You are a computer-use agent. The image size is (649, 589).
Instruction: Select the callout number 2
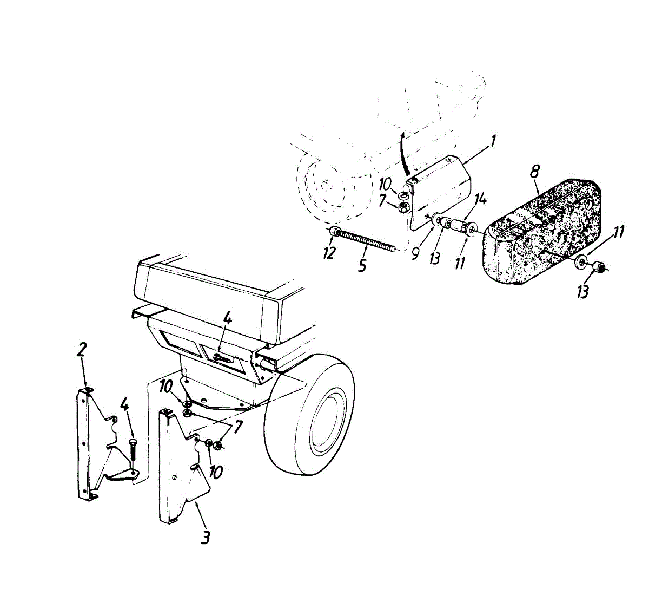pyautogui.click(x=81, y=349)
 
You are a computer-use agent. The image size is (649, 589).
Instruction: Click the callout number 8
pyautogui.click(x=534, y=173)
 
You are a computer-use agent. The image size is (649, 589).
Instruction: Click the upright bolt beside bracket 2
pyautogui.click(x=133, y=455)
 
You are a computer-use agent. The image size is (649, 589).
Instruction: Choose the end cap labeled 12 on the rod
pyautogui.click(x=334, y=233)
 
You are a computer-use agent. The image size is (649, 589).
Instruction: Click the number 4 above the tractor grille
pyautogui.click(x=228, y=319)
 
